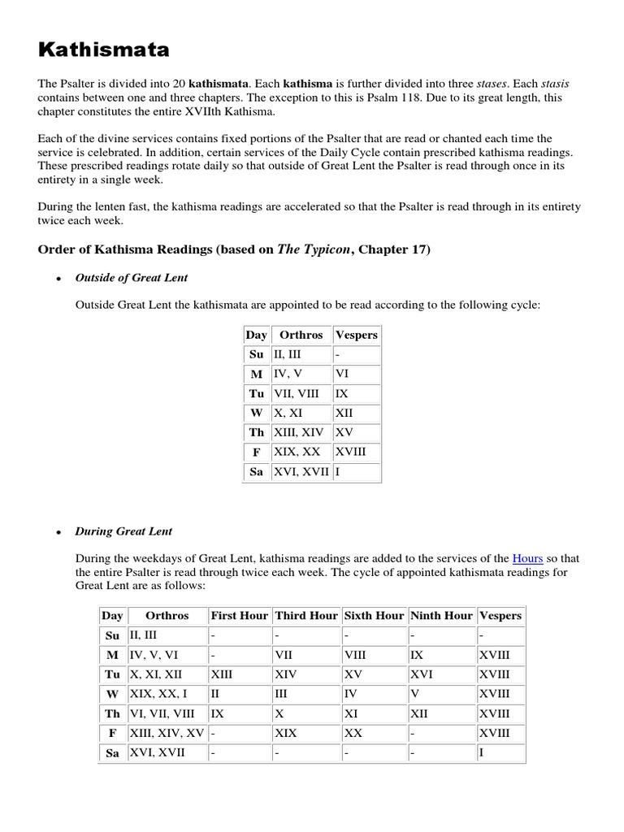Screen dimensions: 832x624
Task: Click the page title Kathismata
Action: tap(104, 50)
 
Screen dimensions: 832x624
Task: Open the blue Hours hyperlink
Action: tap(527, 558)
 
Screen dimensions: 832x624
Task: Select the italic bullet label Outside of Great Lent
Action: tap(131, 278)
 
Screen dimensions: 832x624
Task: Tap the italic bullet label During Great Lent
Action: tap(123, 531)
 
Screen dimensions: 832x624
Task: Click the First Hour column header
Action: tap(239, 616)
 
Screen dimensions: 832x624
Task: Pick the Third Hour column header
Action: tap(306, 616)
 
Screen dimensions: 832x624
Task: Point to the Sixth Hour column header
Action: tap(374, 616)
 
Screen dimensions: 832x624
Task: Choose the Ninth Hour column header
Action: tap(441, 616)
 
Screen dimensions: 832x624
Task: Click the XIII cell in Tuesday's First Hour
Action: tap(222, 674)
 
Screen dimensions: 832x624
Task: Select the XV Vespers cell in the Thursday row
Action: tap(344, 432)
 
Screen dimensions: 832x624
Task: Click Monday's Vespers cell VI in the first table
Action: tap(341, 374)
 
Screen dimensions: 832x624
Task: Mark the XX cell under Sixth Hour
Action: tap(353, 733)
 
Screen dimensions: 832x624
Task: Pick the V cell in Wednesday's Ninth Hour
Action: tap(416, 694)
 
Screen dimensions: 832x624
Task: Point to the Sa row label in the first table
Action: tap(257, 472)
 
